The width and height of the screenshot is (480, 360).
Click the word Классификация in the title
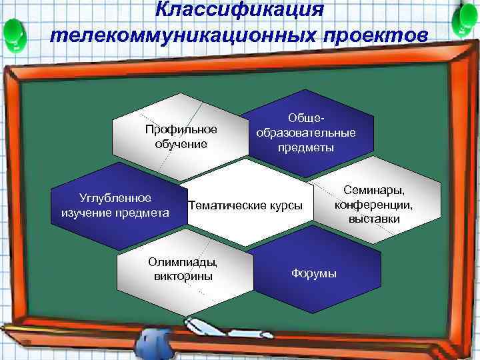click(x=239, y=10)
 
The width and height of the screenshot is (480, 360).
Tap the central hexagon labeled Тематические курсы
click(x=245, y=204)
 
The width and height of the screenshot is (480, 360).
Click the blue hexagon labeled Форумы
click(x=313, y=274)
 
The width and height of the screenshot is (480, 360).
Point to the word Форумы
click(x=313, y=274)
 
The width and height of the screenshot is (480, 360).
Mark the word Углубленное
click(x=115, y=198)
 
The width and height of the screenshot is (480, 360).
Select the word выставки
click(x=374, y=218)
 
